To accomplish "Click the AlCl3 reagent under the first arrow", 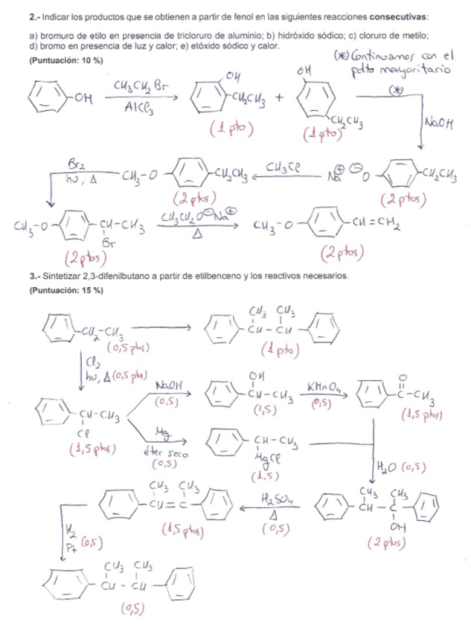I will (138, 109).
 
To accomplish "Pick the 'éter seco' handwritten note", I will (163, 452).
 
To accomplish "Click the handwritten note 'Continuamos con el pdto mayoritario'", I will (387, 61).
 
